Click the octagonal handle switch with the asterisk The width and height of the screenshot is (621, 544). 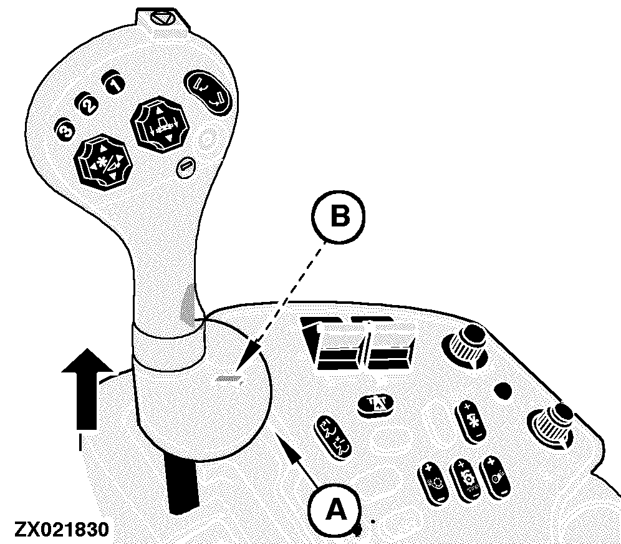[x=103, y=160]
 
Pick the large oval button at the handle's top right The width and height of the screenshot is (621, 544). [x=208, y=92]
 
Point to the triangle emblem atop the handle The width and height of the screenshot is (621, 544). [x=162, y=19]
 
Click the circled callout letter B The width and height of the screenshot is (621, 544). [x=338, y=217]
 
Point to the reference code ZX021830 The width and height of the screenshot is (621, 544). [x=61, y=529]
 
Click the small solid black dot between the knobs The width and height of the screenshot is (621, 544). [x=503, y=391]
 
